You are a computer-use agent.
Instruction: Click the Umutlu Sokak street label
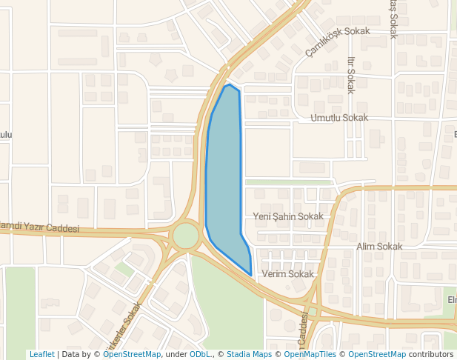339,118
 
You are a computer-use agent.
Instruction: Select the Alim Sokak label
379,247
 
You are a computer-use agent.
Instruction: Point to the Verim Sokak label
288,274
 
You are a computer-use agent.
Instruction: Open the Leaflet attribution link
41,354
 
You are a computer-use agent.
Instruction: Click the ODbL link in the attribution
200,354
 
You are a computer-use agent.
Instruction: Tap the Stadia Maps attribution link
249,354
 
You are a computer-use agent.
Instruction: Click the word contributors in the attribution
430,354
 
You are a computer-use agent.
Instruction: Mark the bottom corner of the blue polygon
250,276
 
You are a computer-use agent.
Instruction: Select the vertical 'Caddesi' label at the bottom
303,330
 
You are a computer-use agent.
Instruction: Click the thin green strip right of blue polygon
289,181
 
